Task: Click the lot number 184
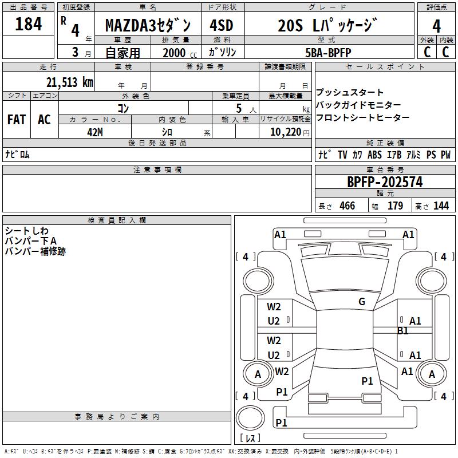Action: [x=29, y=25]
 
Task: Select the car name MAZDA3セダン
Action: [x=152, y=26]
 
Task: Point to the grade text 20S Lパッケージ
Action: [x=329, y=26]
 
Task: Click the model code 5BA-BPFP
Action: [x=329, y=53]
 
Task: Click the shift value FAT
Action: [x=16, y=120]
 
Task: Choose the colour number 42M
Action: [x=95, y=131]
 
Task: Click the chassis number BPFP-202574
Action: [x=385, y=182]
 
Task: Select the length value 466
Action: [x=347, y=206]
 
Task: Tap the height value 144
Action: [x=441, y=206]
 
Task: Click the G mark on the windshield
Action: [x=362, y=302]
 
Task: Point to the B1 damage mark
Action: [x=402, y=330]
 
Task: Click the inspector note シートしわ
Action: [x=27, y=231]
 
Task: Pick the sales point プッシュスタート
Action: [x=350, y=92]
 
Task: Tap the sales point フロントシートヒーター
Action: [x=362, y=117]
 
